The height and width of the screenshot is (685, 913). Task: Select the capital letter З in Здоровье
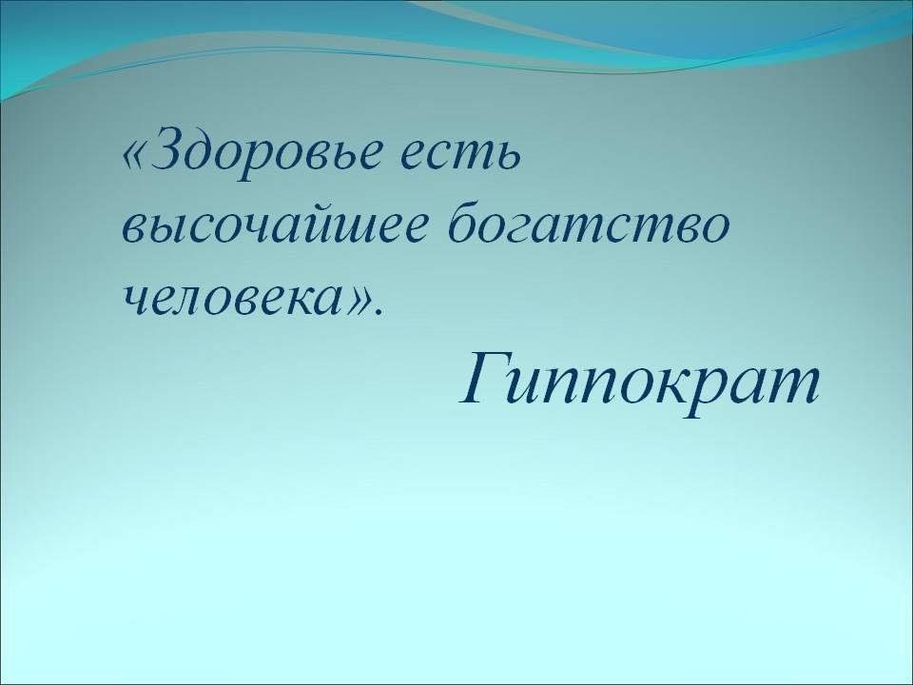tap(169, 149)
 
